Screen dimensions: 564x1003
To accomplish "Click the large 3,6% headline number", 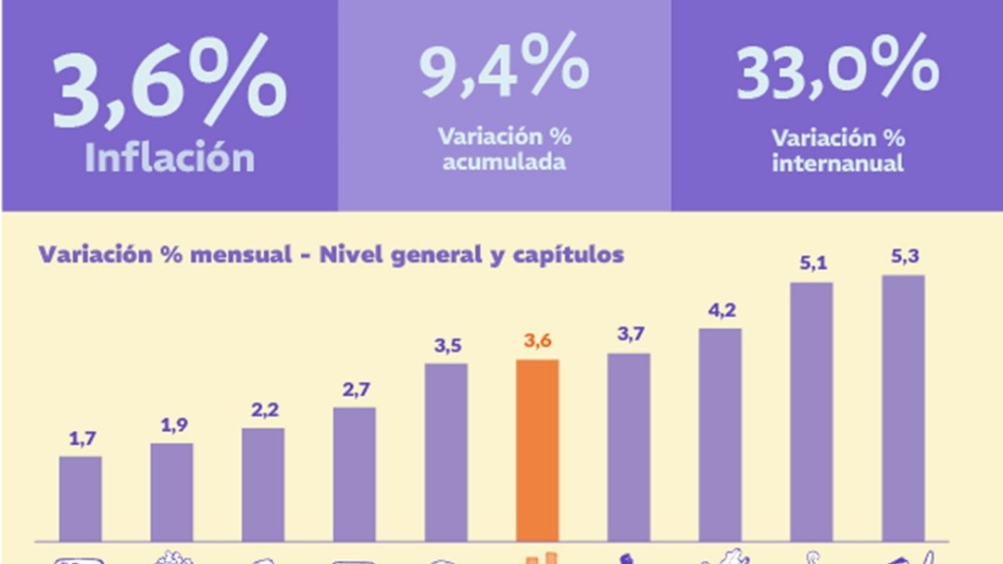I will click(168, 82).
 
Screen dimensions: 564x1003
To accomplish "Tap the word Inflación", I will click(169, 158).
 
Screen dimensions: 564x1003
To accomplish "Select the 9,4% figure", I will click(503, 67).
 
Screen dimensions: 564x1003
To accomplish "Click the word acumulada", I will click(504, 163).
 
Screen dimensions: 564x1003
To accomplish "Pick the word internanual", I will click(838, 164).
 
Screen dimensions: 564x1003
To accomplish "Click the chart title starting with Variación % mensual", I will click(331, 255).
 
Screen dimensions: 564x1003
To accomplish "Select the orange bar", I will click(538, 450).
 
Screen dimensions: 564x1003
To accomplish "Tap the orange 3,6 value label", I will click(538, 342).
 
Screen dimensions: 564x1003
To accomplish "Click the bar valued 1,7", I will click(80, 498).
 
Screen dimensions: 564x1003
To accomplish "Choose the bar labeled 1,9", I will click(172, 492).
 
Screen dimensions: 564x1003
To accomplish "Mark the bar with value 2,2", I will click(263, 484).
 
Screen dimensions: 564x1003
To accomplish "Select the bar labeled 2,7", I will click(354, 474).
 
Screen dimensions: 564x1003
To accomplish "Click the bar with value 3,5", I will click(446, 452).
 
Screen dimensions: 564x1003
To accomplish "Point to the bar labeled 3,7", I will click(628, 447).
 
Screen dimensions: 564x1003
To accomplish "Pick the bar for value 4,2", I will click(720, 435).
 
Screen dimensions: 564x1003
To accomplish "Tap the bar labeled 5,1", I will click(812, 412).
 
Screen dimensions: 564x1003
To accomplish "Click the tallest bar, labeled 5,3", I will click(903, 408).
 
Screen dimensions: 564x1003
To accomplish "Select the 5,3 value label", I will click(904, 258).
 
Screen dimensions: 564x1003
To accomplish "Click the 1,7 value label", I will click(81, 439).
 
